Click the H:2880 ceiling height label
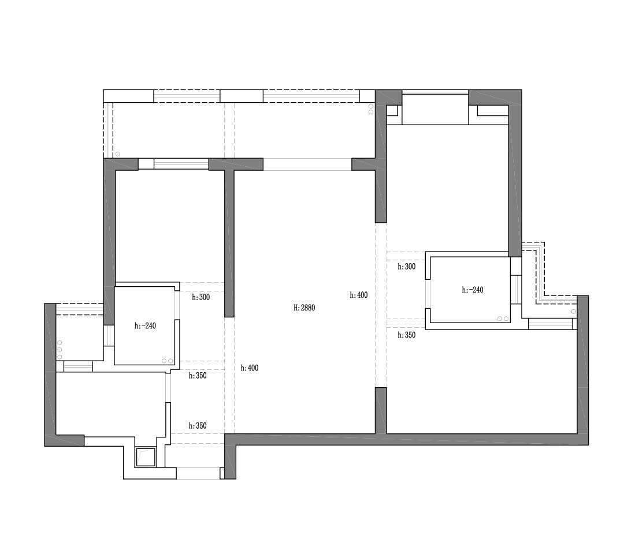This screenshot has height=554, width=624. coord(304,308)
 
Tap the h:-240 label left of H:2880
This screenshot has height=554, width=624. coord(145,326)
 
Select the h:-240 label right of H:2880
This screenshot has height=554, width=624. coord(473,290)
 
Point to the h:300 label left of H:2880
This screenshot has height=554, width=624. coord(201,297)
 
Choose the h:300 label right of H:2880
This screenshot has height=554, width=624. coord(407,267)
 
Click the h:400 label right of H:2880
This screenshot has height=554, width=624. coord(359,295)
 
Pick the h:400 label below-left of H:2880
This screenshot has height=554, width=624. coord(250,368)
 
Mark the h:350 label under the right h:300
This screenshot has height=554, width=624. coord(407,335)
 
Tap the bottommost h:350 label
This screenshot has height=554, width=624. coord(198,426)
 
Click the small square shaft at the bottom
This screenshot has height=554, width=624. coord(146,457)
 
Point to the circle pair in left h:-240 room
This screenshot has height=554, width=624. coord(168,361)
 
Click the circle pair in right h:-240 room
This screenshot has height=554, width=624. coord(503,319)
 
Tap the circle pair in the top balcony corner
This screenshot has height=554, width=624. coord(371,109)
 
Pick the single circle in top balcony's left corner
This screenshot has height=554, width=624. coord(117,154)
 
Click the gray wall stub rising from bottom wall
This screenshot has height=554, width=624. coord(381,410)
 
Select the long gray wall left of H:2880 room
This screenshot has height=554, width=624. coord(229,243)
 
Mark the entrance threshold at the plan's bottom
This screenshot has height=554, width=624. coord(198,473)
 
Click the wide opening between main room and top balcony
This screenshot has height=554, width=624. coord(307,164)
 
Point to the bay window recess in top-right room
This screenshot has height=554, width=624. coord(435,109)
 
